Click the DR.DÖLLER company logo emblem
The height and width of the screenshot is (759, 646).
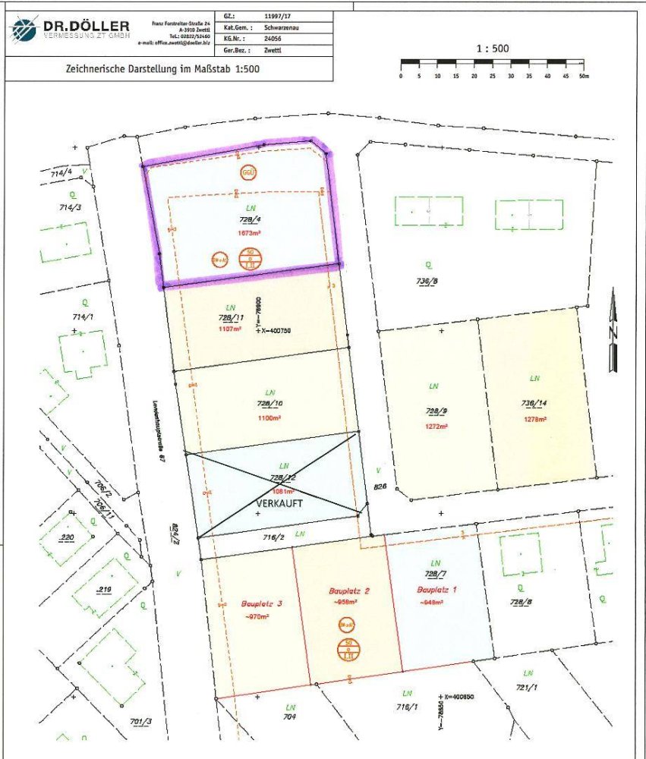(x=24, y=30)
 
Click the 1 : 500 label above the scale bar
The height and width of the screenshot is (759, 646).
(x=492, y=49)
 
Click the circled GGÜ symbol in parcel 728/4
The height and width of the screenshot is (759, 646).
(x=248, y=172)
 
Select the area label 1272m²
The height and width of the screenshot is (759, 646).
(x=435, y=426)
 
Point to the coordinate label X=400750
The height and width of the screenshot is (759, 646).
(x=277, y=331)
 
